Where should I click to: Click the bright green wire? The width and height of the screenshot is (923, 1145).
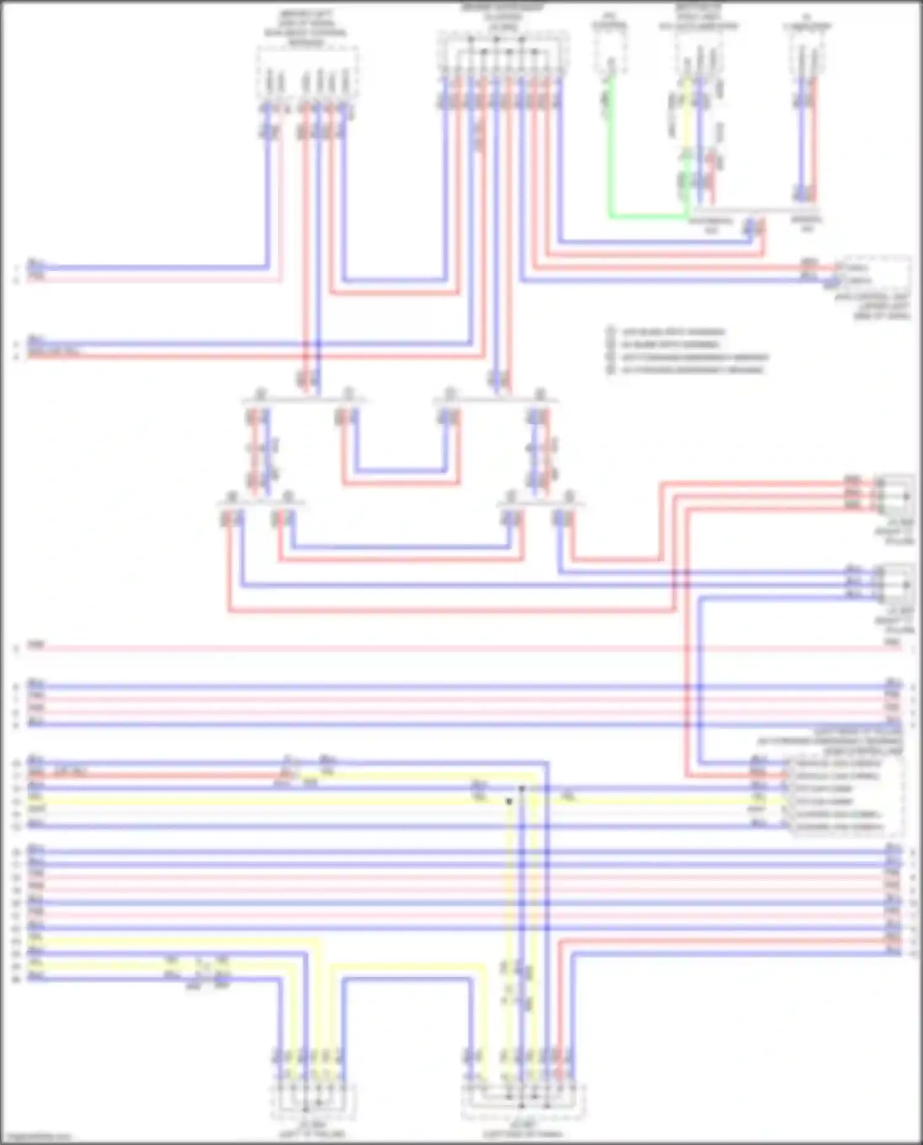pos(646,217)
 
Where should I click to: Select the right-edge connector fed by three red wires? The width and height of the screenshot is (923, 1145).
pos(896,492)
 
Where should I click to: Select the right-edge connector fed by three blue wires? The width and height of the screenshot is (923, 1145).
pos(896,581)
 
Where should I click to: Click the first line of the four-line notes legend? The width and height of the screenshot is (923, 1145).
pos(671,332)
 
